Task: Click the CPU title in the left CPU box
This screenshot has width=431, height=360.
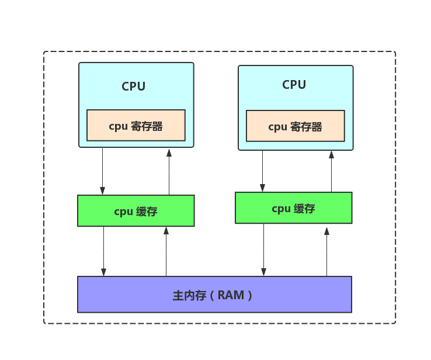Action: (x=133, y=86)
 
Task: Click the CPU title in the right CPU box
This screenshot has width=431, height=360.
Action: (x=294, y=85)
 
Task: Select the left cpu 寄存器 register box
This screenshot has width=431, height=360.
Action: (x=136, y=126)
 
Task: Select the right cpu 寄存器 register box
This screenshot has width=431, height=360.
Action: (x=295, y=126)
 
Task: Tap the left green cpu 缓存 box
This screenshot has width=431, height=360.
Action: (x=135, y=211)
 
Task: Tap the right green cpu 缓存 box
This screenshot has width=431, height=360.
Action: (x=293, y=208)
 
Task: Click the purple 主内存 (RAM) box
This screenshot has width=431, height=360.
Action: (x=214, y=295)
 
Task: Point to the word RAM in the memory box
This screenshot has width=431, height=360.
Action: (x=231, y=295)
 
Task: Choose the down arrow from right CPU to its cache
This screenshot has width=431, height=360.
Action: (x=262, y=171)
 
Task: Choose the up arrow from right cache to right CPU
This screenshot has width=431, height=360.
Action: (x=331, y=171)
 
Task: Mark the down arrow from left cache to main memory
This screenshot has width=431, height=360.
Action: (x=103, y=251)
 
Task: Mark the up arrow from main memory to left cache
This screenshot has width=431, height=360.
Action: (x=166, y=251)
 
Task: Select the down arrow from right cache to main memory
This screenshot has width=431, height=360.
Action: (x=263, y=250)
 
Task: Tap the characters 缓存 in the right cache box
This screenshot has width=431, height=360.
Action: (x=304, y=209)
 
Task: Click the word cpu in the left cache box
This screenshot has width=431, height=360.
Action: (x=123, y=212)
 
